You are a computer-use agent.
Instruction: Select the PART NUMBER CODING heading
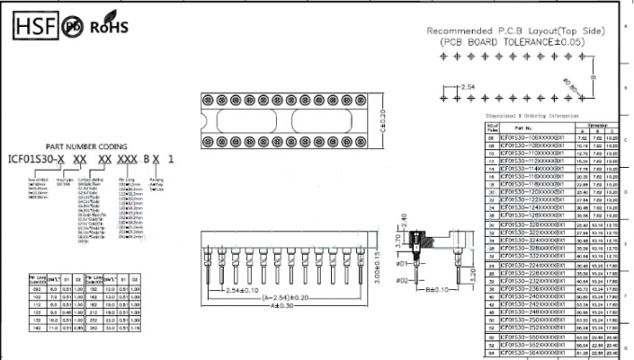pos(86,146)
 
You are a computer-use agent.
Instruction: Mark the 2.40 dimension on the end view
pos(405,221)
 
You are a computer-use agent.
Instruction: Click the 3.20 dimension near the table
pos(475,274)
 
